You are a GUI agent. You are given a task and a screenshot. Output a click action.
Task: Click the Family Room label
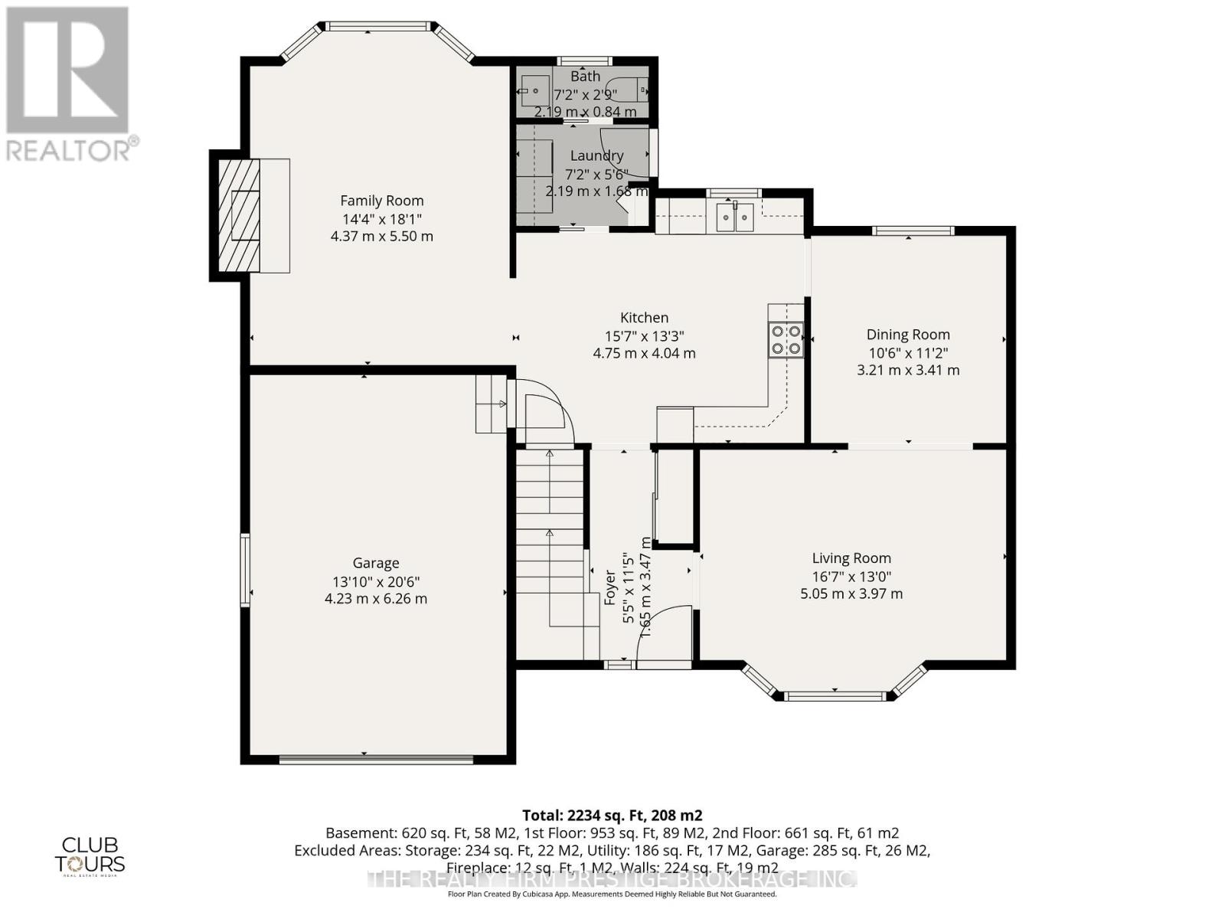[x=381, y=201]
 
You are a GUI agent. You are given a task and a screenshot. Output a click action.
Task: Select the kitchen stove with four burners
[x=786, y=340]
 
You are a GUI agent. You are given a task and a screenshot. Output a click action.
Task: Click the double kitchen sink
[x=735, y=217]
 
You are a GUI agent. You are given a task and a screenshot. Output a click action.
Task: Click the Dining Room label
[x=908, y=335]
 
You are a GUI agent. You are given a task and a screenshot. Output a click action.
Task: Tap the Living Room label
[x=851, y=558]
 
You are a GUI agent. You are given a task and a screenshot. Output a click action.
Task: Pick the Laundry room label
[x=596, y=155]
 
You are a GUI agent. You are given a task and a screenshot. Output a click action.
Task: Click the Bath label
[x=585, y=77]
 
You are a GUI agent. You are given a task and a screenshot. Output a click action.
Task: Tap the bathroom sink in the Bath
[x=536, y=91]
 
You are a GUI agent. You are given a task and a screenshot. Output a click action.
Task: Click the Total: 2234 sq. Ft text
[x=612, y=815]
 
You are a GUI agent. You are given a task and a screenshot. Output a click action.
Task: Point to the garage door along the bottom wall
[x=376, y=760]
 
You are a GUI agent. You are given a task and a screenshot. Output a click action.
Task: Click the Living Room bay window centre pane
[x=835, y=696]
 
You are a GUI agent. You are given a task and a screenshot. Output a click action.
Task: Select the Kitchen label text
[x=644, y=318]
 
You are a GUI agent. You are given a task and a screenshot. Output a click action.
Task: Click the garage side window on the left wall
[x=245, y=571]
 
